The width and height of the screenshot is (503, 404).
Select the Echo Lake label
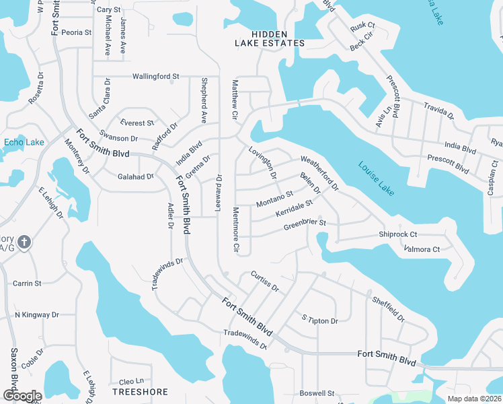[x=24, y=142]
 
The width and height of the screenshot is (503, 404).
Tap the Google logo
[x=22, y=396]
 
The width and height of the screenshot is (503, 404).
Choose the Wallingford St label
[x=155, y=76]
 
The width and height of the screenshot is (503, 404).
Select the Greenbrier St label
[x=304, y=223]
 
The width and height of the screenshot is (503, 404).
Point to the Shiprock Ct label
[x=398, y=234]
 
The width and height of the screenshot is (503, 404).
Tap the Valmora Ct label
[x=422, y=249]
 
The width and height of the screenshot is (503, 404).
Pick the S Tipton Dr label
[x=319, y=321]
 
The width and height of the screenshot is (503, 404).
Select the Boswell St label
[x=317, y=393]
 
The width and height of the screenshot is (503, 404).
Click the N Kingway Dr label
[x=37, y=314]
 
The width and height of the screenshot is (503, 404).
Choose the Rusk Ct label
[x=362, y=26]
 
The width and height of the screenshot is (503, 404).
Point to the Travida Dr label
[x=438, y=111]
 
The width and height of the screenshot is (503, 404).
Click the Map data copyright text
[x=475, y=399]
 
